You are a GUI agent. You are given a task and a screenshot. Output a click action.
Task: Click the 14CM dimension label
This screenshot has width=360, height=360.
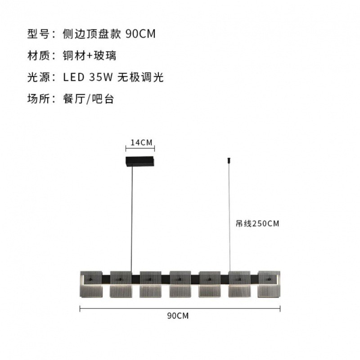coord(141,143)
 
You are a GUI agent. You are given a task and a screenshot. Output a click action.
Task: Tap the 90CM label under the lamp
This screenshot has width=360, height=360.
coord(177,315)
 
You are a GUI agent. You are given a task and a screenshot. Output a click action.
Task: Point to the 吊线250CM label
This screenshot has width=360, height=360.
coord(257,224)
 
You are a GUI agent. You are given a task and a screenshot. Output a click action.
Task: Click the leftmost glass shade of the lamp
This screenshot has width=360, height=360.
coord(91,284)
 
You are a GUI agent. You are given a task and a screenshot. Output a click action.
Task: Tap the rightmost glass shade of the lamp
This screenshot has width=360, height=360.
coord(269,284)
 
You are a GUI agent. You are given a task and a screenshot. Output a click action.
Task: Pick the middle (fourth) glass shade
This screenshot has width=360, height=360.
coord(180,284)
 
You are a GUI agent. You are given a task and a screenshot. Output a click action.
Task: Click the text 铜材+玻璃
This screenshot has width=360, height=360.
coord(90,56)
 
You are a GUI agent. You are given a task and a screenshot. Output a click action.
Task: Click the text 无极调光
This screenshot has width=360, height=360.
coord(141,77)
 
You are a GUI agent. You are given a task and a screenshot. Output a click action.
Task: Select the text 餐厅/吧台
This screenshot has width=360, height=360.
coord(89,99)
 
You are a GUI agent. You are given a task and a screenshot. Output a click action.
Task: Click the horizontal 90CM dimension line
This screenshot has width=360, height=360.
coord(180,309)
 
